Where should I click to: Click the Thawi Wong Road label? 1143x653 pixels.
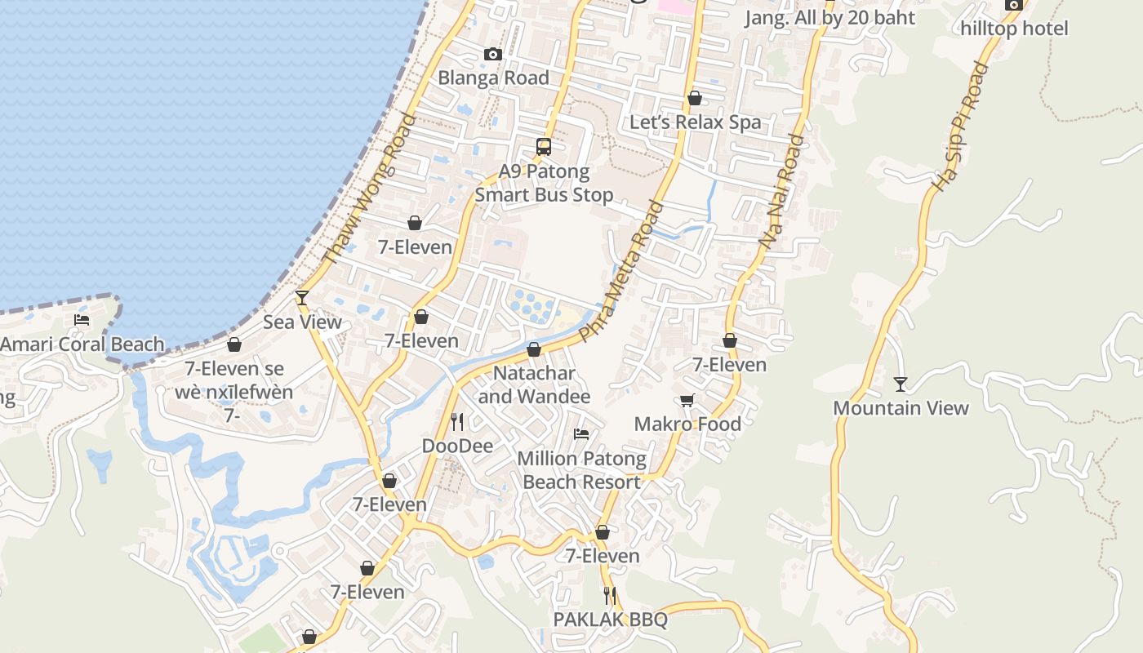pos(369,189)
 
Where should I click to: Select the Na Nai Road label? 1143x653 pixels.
pos(781,192)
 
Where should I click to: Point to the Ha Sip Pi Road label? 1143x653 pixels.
pos(960,127)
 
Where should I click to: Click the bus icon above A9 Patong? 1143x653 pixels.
pos(544,147)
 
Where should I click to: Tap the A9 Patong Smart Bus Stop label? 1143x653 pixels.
pos(544,183)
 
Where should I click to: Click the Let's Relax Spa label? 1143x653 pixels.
pos(695,122)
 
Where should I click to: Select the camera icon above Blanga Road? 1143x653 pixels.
pos(492,54)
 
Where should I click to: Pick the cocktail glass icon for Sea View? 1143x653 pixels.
pos(302,297)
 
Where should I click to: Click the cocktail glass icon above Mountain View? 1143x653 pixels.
pos(900,384)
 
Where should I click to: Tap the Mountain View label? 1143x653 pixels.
pos(901,408)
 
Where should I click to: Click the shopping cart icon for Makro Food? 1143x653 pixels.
pos(687,400)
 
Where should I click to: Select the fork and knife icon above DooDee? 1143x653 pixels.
pos(457,421)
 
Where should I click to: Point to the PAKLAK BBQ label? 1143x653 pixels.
pos(610,620)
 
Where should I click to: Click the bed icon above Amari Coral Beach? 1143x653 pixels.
pos(82,319)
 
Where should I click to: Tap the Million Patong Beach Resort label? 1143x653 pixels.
pos(581,470)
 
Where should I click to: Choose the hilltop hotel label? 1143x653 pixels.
pos(1014,29)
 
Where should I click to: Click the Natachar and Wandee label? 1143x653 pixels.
pos(534,384)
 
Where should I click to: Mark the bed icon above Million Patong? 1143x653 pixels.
pos(581,433)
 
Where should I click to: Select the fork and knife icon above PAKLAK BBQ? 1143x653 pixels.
pos(610,595)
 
